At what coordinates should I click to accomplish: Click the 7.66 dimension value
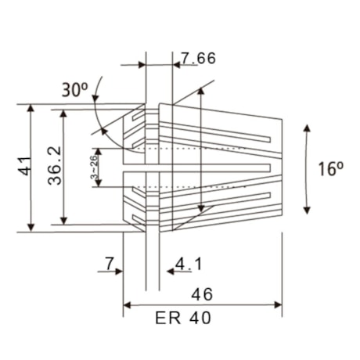click(x=198, y=59)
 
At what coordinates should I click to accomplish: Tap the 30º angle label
click(x=75, y=90)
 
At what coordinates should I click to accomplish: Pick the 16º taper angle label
click(x=332, y=168)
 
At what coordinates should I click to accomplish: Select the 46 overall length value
click(x=202, y=295)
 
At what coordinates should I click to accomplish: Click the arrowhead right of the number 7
click(x=119, y=272)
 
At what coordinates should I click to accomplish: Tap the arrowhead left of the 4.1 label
click(x=163, y=272)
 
